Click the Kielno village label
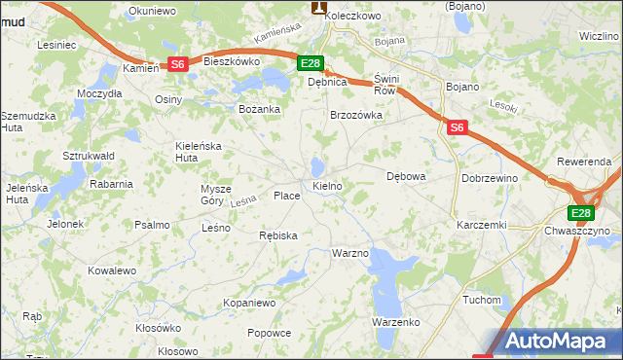(327, 185)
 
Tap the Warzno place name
(350, 253)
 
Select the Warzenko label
(395, 321)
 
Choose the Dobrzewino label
(490, 179)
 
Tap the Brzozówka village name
(356, 115)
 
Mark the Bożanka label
(260, 109)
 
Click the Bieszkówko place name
(233, 61)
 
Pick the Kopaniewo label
(250, 304)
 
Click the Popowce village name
(270, 333)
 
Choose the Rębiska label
(278, 235)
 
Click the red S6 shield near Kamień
(177, 64)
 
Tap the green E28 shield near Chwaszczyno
(581, 213)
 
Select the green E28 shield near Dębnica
(310, 64)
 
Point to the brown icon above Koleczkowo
(318, 6)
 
